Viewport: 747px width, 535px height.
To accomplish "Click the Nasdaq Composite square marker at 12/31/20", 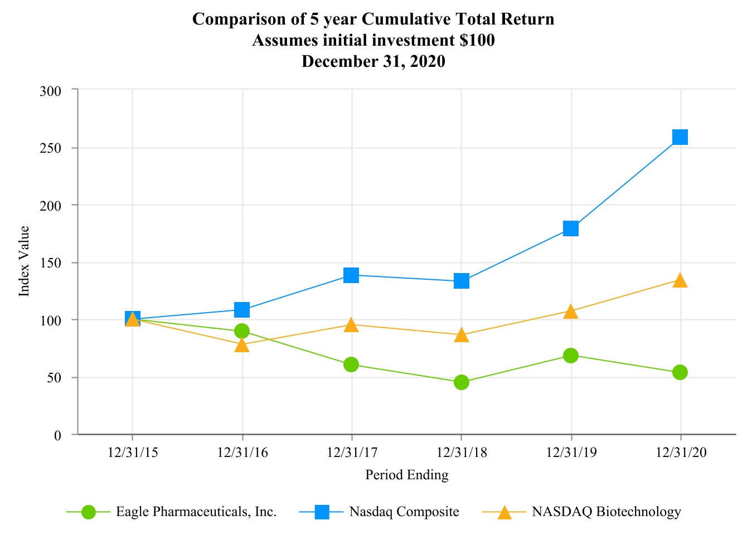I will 680,137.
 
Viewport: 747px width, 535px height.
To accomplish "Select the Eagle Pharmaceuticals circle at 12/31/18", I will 461,382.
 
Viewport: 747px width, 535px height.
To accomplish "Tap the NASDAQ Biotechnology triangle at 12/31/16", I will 242,345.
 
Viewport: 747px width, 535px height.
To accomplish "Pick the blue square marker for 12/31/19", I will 570,228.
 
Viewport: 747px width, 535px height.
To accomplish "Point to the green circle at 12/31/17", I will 351,364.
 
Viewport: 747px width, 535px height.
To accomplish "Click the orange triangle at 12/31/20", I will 680,280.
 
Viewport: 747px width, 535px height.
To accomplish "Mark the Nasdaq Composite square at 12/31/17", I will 351,275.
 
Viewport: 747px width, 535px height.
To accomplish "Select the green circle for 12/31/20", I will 680,372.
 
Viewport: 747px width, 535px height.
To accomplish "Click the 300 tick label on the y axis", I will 51,91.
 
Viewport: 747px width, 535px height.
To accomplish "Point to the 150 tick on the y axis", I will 51,263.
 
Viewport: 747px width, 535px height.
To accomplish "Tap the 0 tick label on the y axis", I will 57,435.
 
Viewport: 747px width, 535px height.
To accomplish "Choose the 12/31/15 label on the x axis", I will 133,453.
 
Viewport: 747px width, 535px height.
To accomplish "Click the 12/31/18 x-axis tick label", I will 461,453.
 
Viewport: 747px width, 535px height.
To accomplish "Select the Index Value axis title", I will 24,261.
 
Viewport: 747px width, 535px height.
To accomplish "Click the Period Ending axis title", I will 406,475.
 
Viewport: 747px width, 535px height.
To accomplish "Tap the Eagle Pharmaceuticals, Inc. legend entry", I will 196,512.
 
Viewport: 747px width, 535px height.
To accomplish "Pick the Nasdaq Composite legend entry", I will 404,512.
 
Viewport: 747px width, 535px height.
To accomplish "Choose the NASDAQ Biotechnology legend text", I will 607,512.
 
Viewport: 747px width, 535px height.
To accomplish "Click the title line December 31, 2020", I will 373,61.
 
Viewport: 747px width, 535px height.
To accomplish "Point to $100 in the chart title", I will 476,40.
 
